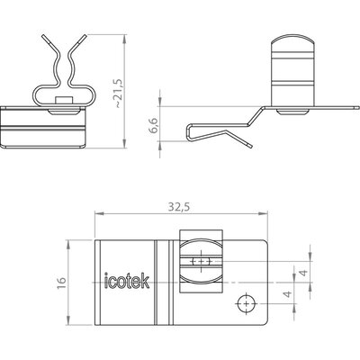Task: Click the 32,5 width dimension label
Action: (x=179, y=207)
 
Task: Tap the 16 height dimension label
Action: (x=61, y=283)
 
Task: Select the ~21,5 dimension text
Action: (x=118, y=94)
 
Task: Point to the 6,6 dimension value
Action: (x=155, y=125)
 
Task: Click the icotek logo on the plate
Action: (x=127, y=281)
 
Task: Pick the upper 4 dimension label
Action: (x=304, y=273)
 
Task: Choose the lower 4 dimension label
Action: (x=288, y=293)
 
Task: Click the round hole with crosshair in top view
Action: (x=246, y=304)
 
